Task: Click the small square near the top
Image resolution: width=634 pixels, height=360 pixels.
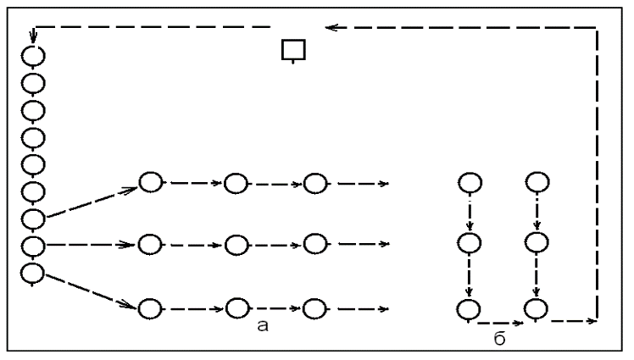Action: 293,50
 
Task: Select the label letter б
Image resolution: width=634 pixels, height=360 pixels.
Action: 500,341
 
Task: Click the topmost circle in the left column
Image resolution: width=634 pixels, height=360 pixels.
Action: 33,57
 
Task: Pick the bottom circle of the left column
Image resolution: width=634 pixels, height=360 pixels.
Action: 33,273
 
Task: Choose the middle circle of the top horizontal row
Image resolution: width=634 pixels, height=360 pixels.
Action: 236,182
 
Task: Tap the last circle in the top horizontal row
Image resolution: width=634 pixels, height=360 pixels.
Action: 314,182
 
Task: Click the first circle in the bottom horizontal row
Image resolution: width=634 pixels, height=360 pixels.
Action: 150,307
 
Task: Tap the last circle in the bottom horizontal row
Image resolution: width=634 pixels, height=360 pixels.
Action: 314,307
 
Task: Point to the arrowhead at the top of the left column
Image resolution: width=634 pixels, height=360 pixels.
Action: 33,38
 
